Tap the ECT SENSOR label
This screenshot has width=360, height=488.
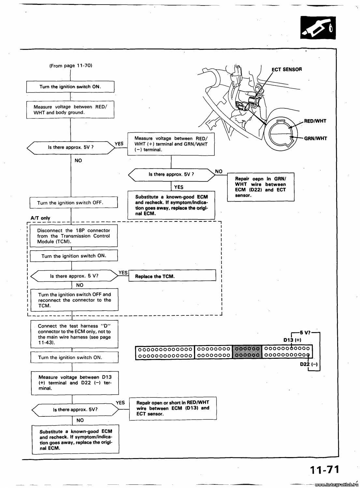point(287,69)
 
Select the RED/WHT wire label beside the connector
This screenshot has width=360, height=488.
point(315,121)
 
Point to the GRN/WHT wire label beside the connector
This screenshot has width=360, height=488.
point(315,138)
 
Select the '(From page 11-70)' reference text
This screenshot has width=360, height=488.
point(71,65)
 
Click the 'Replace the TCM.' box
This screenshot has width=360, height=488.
point(172,276)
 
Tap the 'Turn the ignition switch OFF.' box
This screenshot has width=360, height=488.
point(73,202)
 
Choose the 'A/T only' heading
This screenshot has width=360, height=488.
point(40,218)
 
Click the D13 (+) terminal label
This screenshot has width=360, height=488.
point(292,340)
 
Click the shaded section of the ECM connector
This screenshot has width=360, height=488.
point(247,352)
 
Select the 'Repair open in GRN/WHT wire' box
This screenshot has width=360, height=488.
point(261,187)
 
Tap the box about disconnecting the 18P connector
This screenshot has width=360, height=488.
point(74,236)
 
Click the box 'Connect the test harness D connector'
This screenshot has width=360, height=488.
point(74,334)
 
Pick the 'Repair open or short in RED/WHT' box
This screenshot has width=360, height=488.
point(173,408)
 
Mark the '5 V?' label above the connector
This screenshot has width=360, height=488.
point(305,332)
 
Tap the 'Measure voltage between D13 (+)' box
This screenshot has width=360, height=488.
point(75,383)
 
